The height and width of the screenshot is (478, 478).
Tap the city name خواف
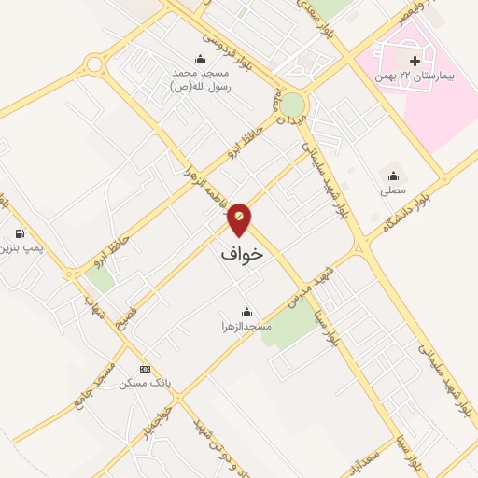point(242,253)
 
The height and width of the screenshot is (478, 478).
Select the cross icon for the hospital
point(388,61)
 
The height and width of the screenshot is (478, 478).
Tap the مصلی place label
point(393,190)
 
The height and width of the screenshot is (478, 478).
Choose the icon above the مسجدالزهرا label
point(246,312)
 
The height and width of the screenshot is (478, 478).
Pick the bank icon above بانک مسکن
point(144,369)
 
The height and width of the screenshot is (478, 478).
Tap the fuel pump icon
point(19,233)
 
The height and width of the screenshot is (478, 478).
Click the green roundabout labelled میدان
point(292,104)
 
